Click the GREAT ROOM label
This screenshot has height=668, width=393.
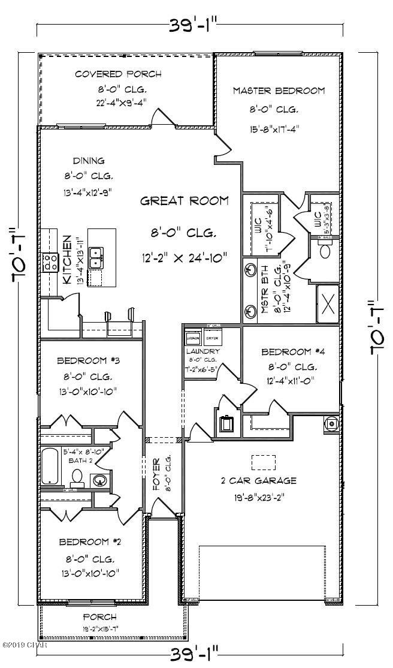tap(185, 201)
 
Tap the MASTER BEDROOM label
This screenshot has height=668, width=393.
tap(279, 91)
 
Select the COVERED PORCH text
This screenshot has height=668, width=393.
tap(118, 74)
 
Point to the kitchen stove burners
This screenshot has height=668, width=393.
tap(49, 261)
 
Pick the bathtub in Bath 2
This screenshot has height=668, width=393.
tap(51, 467)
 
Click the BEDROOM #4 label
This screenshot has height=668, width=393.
tap(294, 352)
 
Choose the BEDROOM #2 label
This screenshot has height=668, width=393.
tap(90, 541)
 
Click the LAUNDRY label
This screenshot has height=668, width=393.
tap(202, 351)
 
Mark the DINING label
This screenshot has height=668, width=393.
tap(89, 161)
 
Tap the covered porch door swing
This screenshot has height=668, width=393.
tap(162, 117)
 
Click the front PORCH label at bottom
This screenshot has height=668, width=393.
tap(99, 616)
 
